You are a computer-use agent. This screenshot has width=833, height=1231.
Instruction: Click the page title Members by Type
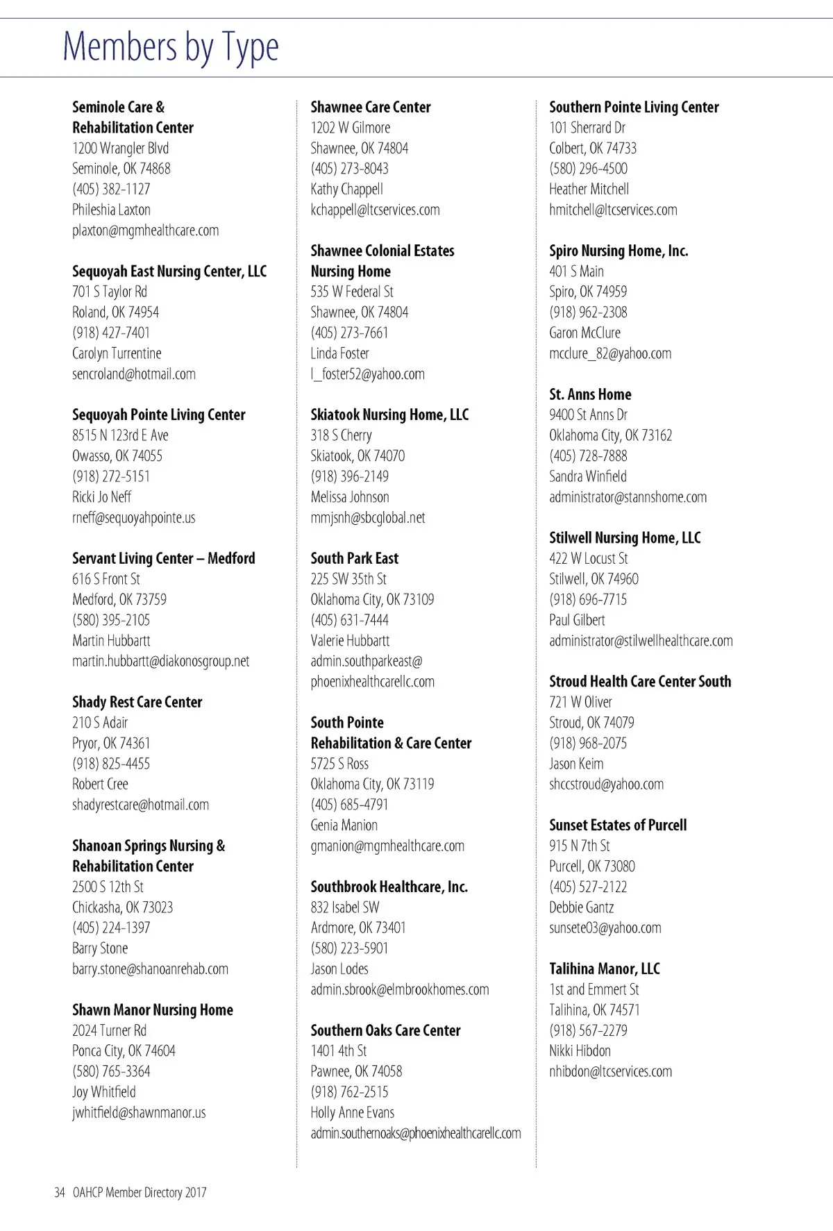[171, 47]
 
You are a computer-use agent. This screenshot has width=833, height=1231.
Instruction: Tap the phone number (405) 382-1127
[111, 189]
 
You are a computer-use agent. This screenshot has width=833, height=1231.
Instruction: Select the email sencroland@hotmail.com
[134, 374]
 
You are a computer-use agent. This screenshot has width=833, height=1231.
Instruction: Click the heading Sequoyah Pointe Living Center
[159, 415]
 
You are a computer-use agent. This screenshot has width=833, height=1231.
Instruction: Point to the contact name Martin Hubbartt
[111, 641]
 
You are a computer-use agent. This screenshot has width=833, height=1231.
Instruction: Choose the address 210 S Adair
[100, 723]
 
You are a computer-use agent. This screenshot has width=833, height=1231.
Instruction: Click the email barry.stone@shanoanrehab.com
[150, 969]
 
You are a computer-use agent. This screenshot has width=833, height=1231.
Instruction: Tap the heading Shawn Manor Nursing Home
[153, 1010]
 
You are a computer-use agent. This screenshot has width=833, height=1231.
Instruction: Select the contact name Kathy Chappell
[346, 189]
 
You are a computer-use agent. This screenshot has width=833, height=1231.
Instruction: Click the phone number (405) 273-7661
[349, 333]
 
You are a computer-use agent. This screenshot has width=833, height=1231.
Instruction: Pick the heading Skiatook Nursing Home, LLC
[389, 415]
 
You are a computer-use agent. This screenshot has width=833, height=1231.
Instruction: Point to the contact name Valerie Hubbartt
[350, 641]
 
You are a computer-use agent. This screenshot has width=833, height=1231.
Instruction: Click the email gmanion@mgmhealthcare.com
[387, 846]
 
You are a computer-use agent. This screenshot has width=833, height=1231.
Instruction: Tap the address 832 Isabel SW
[345, 907]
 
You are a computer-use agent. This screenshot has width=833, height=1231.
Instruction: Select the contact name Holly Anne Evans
[352, 1112]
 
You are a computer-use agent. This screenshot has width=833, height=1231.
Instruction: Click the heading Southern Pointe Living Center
[634, 107]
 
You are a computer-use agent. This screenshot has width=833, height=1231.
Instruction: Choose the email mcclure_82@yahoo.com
[610, 353]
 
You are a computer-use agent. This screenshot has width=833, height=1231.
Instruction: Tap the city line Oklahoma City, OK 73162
[610, 435]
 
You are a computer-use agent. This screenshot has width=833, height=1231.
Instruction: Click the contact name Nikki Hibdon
[580, 1051]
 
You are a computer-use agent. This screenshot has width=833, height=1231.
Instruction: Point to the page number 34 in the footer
[59, 1193]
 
